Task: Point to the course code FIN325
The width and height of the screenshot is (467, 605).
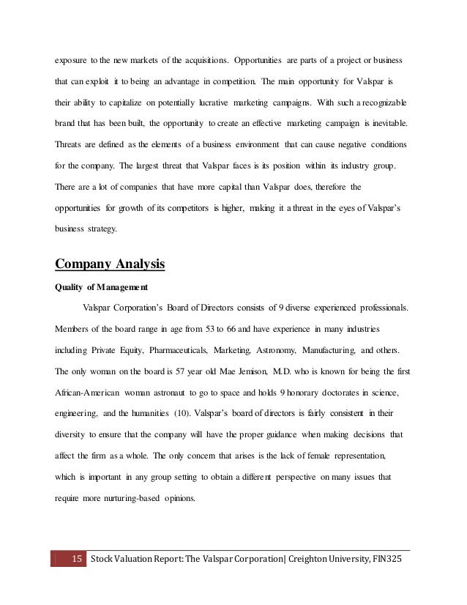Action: click(x=385, y=560)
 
